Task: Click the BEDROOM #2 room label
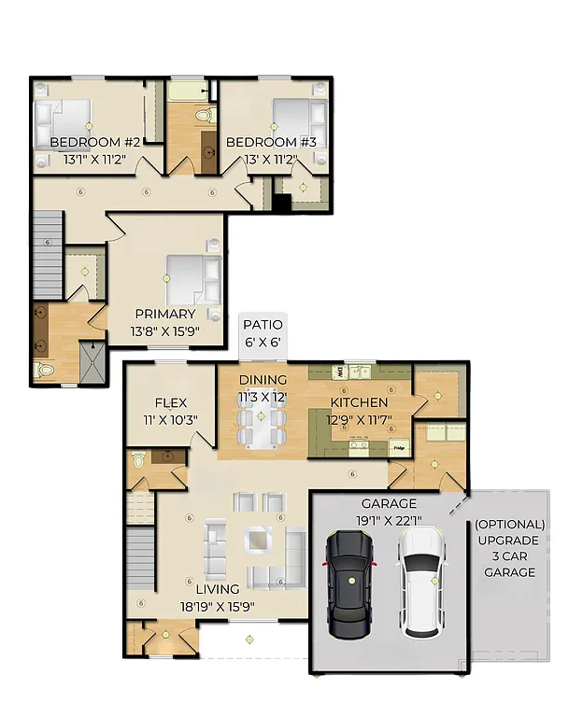coord(94,142)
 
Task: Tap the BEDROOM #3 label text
coord(271,142)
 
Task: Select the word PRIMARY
coord(164,314)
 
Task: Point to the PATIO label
coord(263,325)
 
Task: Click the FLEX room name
coord(171,402)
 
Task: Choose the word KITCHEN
coord(360,402)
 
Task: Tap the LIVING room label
coord(217,589)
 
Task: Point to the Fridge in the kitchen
coord(399,448)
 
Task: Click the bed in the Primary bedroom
coord(192,279)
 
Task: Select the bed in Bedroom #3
coord(299,119)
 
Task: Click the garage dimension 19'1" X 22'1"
coord(389,520)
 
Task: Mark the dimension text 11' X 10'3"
coord(170,419)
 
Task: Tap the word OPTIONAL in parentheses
coord(509,525)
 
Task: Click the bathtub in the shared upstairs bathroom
coord(191,91)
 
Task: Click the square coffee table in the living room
coord(257,541)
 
